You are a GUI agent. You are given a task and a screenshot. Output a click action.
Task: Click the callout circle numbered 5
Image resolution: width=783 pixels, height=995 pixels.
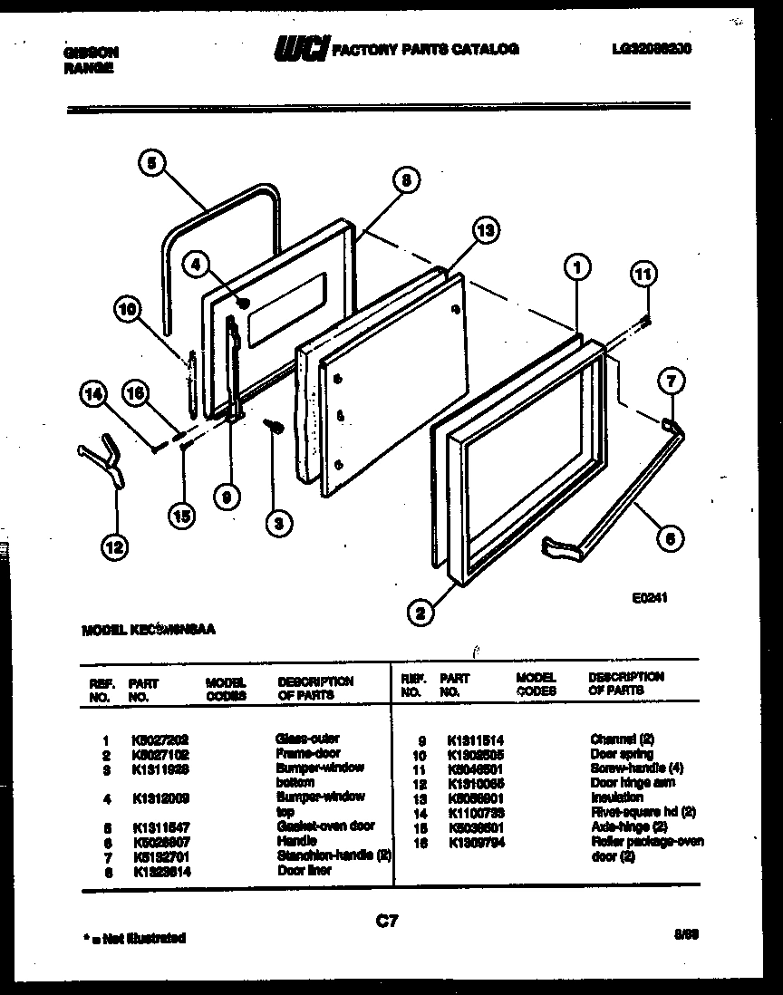coord(152,164)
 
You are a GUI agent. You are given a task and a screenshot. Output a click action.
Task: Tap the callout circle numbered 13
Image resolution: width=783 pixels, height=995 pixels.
coord(486,231)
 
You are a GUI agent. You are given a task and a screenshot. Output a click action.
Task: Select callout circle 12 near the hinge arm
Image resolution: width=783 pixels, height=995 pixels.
coord(114,546)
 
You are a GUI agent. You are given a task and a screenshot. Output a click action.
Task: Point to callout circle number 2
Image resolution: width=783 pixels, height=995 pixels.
coord(419,614)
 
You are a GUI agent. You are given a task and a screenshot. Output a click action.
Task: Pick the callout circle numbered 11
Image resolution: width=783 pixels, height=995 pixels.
coord(643,273)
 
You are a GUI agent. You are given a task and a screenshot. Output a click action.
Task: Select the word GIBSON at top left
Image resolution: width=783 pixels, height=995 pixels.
coord(91,53)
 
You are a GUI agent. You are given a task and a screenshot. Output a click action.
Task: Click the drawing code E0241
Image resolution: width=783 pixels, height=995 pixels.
coord(650,598)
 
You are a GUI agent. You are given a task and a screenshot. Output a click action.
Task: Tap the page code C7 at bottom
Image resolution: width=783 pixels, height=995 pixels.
coord(387,922)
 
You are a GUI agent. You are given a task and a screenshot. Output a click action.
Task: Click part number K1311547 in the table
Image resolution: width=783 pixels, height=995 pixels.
coord(159,827)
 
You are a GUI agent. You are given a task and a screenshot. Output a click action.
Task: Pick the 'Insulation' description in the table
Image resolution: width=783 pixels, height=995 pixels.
coord(616,797)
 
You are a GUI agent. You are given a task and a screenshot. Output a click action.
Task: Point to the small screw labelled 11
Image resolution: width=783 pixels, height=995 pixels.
coord(645,318)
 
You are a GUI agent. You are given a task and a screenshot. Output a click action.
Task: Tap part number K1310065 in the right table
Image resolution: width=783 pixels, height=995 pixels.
coord(475,783)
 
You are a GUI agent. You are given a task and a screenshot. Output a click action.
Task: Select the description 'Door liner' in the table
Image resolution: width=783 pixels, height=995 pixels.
coord(304,870)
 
